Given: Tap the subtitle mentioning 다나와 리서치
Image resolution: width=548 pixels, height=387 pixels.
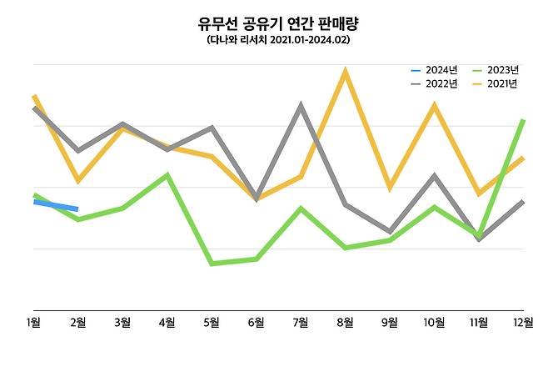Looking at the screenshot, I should point(273,40).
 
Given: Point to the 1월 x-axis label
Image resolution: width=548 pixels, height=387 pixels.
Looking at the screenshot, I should point(33,324).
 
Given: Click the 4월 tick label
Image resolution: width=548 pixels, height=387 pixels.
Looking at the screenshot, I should point(167,324).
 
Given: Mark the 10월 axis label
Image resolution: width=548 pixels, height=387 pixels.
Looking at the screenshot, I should point(433,324).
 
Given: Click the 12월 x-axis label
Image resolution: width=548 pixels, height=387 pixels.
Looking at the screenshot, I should point(522,324).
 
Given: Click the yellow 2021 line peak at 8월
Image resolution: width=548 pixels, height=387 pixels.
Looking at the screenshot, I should point(345,73).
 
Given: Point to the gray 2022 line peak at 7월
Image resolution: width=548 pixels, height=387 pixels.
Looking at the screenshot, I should point(300,106).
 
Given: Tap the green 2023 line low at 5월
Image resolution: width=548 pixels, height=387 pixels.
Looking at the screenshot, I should point(212,264).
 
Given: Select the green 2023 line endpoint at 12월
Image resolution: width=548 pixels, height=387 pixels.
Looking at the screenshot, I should point(522,121).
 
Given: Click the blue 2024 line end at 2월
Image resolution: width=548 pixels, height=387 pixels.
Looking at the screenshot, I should point(77,209).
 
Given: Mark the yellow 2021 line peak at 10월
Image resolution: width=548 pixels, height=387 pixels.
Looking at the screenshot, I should point(434,106).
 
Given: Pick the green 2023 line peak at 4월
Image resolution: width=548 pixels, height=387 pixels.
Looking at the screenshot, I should point(167,175).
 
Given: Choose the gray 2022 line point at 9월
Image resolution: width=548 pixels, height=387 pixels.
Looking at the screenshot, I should point(389,231).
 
